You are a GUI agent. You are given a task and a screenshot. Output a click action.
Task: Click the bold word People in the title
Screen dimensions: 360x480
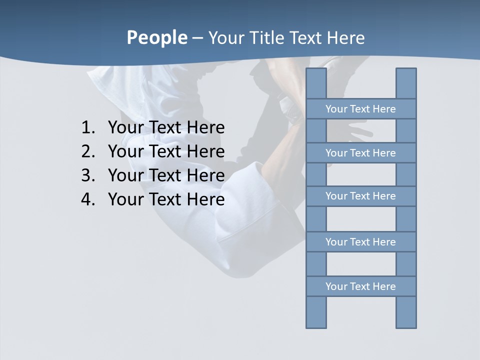click(x=156, y=38)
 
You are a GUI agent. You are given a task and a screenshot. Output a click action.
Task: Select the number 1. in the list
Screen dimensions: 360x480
click(x=88, y=128)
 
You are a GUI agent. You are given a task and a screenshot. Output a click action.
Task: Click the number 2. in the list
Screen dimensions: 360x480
click(x=88, y=151)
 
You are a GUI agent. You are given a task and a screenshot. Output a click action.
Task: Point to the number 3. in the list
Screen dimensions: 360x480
click(x=88, y=175)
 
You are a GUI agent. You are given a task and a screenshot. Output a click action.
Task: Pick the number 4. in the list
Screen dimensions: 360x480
click(x=88, y=199)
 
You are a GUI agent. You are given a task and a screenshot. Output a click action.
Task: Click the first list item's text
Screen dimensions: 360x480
click(x=166, y=128)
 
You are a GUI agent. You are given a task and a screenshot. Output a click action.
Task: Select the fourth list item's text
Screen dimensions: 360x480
click(x=166, y=199)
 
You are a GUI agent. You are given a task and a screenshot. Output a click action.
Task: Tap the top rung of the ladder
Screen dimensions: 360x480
click(x=360, y=109)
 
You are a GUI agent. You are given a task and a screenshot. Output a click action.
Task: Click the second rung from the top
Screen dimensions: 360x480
click(x=360, y=153)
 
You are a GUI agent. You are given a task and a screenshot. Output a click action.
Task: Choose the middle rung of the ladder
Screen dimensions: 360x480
click(x=360, y=196)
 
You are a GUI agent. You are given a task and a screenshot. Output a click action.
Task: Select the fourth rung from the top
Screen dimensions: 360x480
click(x=360, y=242)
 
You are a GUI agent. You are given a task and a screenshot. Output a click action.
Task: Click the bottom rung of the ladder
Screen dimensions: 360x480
click(x=360, y=286)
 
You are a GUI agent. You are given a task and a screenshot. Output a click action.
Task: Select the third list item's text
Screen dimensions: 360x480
click(x=166, y=175)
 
